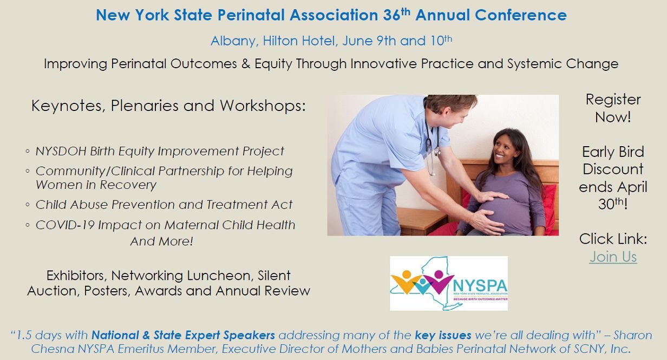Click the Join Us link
point(613,257)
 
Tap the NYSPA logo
point(449,283)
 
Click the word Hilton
point(280,41)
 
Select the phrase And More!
point(162,241)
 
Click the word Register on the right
point(613,100)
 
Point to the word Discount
point(613,169)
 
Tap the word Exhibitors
point(77,276)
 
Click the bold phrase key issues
point(443,335)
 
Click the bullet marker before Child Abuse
point(28,205)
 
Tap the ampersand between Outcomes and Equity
point(246,64)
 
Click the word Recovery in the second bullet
point(128,185)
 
